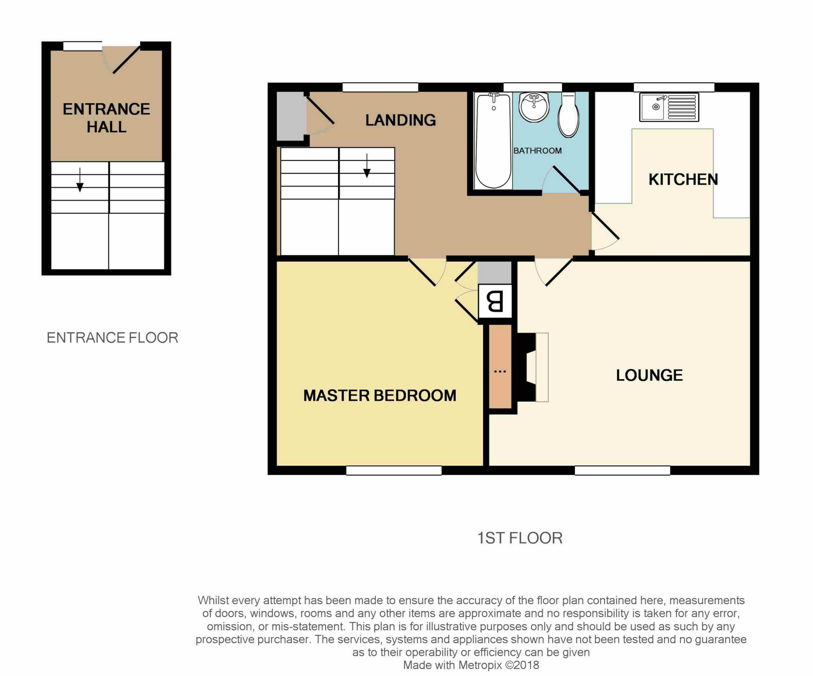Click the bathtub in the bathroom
(493, 140)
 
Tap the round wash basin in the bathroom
(534, 107)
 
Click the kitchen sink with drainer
(669, 107)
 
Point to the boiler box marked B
(495, 301)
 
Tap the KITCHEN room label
(683, 179)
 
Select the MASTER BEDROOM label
(380, 396)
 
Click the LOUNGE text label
(649, 375)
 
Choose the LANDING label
(400, 120)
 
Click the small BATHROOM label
(537, 151)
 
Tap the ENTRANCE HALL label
(106, 118)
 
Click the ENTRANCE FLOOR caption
(112, 338)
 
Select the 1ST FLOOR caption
(520, 538)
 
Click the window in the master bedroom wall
(393, 470)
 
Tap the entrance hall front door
(126, 60)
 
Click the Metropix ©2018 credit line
(471, 665)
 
